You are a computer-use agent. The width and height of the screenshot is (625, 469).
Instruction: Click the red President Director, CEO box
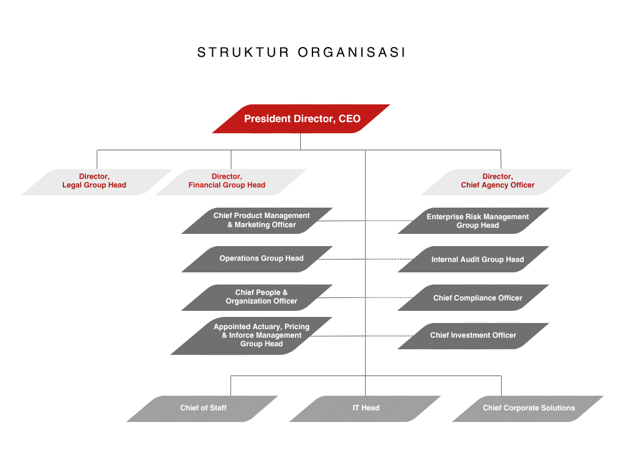301,118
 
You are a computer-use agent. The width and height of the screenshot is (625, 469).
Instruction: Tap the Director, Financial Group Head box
229,181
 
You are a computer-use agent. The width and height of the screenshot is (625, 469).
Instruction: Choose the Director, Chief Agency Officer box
497,181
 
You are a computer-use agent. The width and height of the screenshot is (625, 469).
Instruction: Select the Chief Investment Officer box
474,335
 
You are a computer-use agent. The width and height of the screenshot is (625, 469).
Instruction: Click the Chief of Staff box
203,408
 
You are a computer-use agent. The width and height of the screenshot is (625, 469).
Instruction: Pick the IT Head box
366,408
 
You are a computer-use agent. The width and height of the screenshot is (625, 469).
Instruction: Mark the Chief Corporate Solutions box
529,408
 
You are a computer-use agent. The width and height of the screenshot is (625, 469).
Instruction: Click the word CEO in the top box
350,119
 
